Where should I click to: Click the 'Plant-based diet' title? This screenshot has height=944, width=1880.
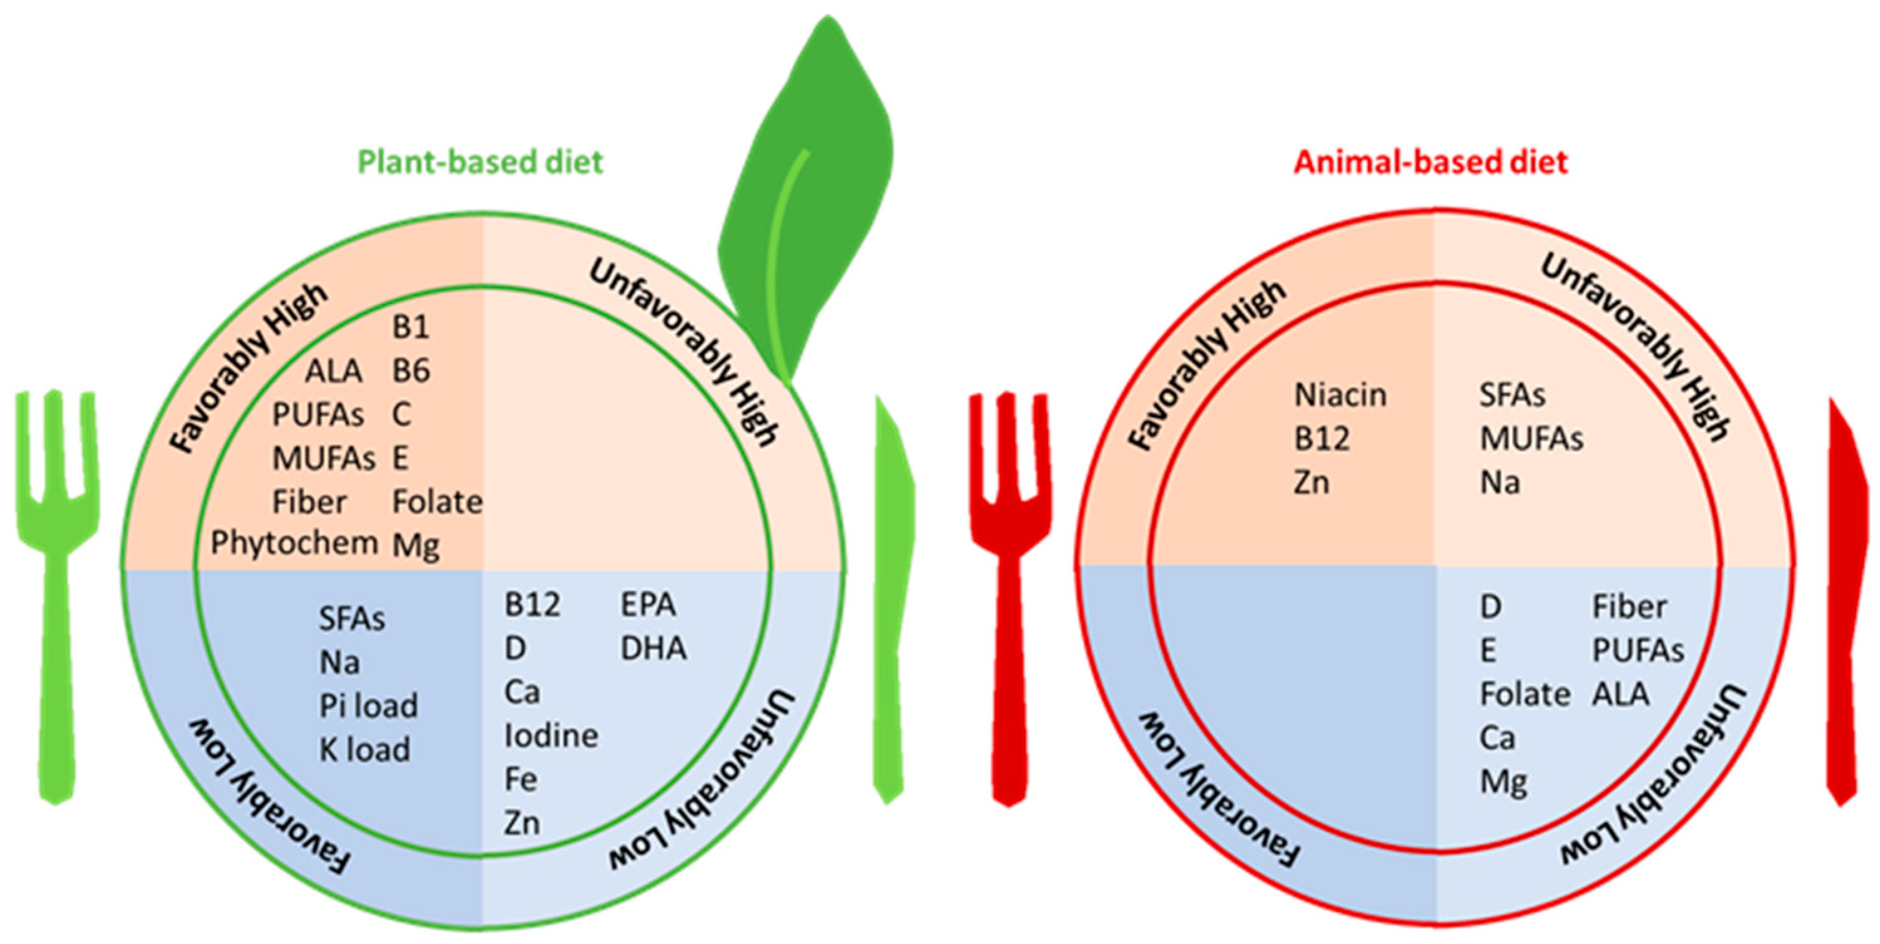[481, 162]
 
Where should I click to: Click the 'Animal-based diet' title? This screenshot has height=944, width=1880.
[1430, 162]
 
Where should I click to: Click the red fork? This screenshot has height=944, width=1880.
[1010, 584]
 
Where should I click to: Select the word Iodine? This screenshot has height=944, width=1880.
[551, 735]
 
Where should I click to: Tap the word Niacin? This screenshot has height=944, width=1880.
[1340, 396]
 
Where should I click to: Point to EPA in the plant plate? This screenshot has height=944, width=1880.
[648, 605]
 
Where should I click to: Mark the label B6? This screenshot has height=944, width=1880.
[411, 370]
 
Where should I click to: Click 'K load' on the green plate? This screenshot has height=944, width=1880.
[365, 750]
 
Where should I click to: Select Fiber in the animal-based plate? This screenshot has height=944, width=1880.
[1629, 607]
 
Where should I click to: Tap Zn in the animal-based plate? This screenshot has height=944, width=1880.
[1311, 483]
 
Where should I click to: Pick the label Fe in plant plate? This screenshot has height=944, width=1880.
[521, 779]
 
